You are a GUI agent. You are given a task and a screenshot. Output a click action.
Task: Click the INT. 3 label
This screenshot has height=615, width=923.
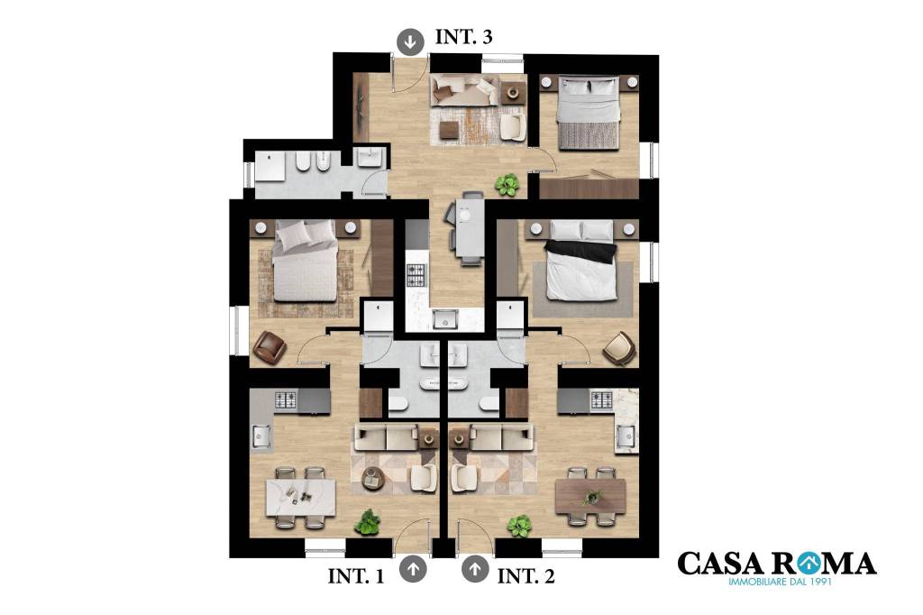pos(464,37)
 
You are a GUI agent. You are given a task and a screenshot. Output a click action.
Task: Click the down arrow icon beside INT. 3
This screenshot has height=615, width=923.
pos(410,41)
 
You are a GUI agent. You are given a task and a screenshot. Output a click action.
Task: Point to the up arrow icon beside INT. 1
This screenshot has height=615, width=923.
pos(413,569)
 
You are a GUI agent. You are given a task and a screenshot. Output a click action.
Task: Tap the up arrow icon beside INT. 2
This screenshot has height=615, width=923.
pos(475,569)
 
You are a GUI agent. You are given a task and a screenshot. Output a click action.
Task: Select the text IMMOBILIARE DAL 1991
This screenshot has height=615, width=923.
pos(780,582)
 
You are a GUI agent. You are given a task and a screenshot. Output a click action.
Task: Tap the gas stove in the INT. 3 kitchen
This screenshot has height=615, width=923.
pos(416,274)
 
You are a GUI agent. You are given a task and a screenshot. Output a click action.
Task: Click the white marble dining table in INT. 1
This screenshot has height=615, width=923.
pos(301,498)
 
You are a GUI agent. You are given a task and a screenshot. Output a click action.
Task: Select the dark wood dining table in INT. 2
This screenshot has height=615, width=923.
pos(590,496)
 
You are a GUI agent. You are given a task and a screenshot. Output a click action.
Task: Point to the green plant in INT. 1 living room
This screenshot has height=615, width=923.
pos(368,522)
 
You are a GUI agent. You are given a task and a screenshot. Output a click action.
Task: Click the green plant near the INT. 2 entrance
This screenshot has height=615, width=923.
pos(519,526)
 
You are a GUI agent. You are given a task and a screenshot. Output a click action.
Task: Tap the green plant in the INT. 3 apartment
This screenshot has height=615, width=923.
pos(507,185)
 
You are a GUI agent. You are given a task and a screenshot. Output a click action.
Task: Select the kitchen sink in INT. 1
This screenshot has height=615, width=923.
pos(260,436)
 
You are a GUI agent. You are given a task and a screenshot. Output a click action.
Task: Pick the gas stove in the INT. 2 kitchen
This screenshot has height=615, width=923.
pos(601,400)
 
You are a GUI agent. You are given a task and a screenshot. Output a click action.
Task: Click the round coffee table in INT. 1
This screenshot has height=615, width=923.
pos(373,478)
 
